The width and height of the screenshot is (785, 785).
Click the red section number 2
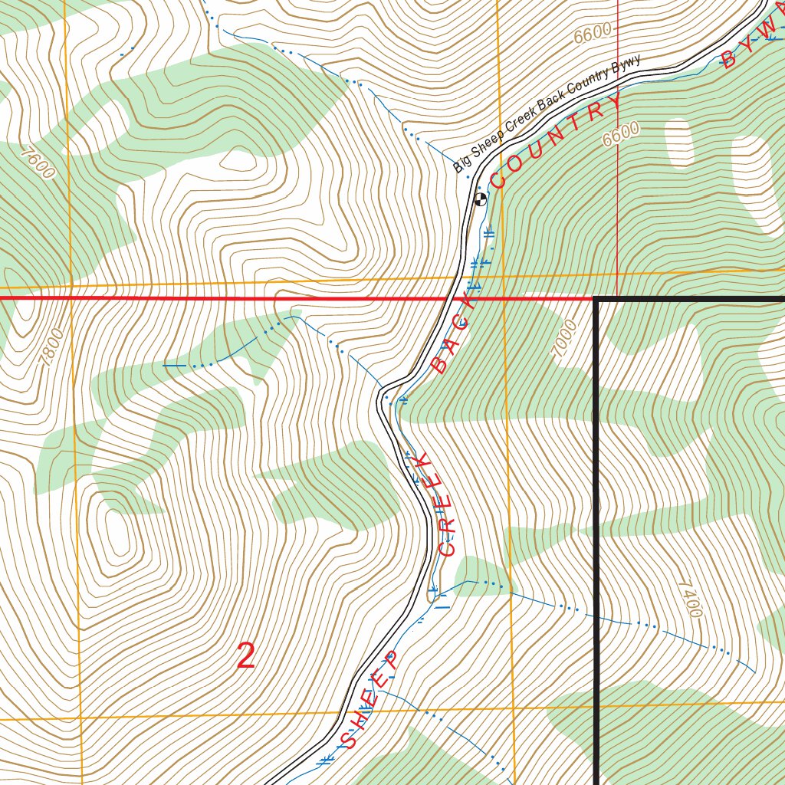[x=245, y=656]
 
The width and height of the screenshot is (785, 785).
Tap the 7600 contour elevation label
[x=38, y=163]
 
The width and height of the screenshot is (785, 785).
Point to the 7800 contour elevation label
[x=50, y=347]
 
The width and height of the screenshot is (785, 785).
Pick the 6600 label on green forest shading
[x=620, y=135]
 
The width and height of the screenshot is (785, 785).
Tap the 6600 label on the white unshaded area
[x=592, y=33]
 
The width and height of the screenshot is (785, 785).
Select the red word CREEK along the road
[x=435, y=504]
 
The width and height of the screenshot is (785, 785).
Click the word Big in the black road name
[x=461, y=163]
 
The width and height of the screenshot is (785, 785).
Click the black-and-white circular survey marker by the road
[x=481, y=200]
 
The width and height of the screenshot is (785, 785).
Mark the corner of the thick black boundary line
[x=596, y=299]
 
